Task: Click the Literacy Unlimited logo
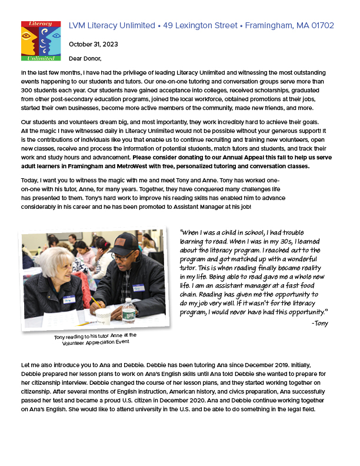coord(41,41)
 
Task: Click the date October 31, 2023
coord(94,44)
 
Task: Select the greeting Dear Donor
coord(85,58)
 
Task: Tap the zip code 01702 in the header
coord(322,26)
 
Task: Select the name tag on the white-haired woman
coord(69,300)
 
